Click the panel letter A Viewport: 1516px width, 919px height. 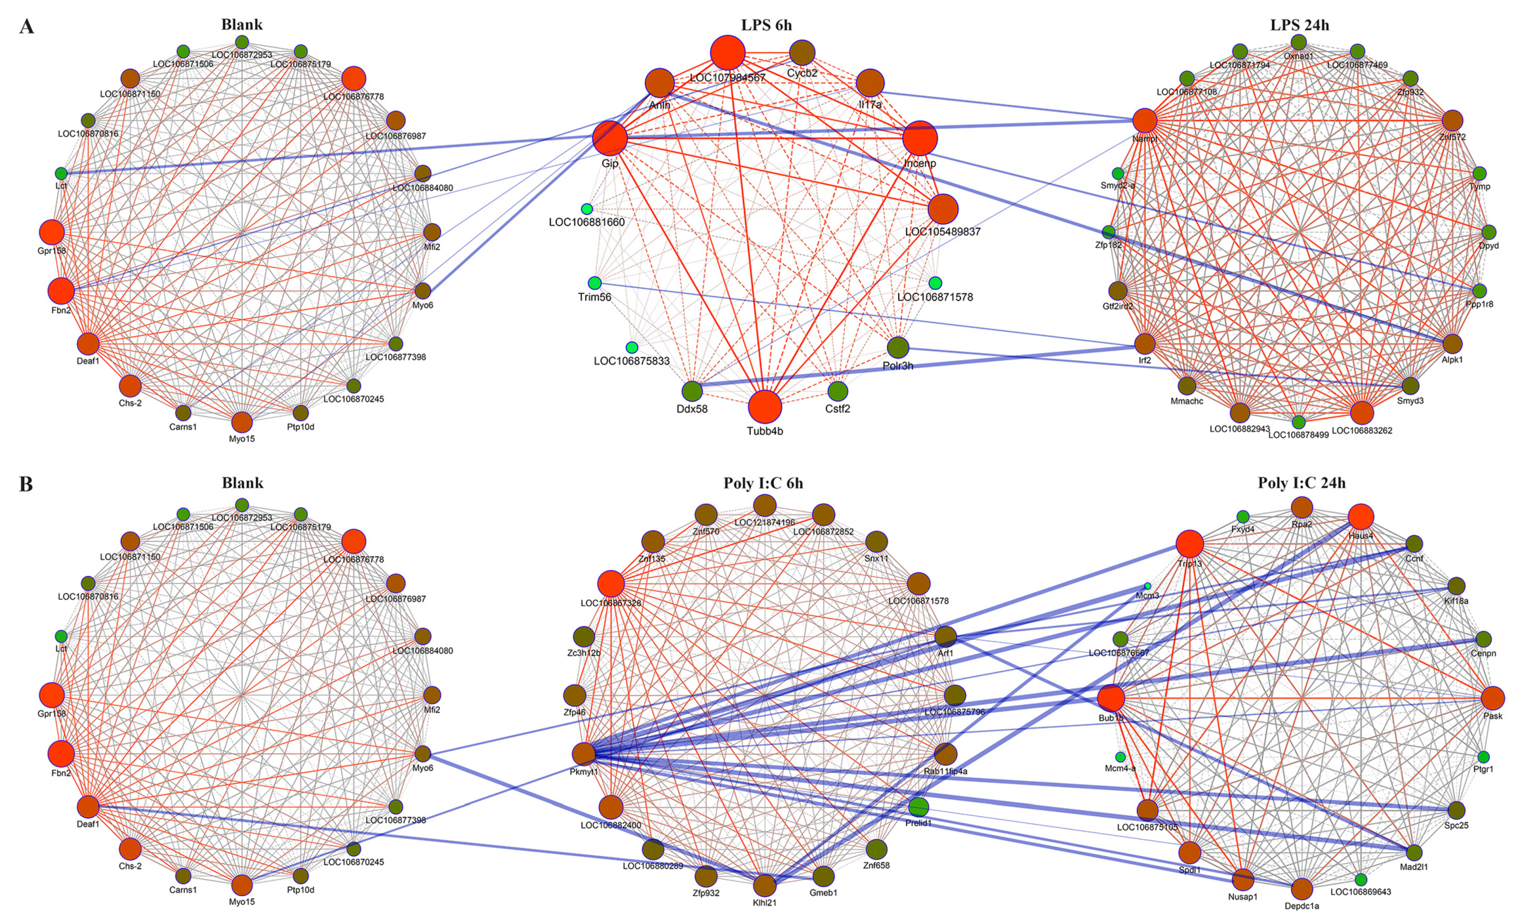pos(27,27)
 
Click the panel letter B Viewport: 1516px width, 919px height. pos(27,484)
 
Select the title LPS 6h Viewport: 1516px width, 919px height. pos(766,25)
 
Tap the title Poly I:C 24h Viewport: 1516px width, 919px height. pos(1301,483)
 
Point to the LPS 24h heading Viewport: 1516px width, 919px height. pos(1299,25)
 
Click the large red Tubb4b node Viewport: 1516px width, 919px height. pos(765,406)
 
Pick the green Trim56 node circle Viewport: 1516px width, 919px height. pos(594,283)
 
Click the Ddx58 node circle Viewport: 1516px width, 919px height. pos(692,391)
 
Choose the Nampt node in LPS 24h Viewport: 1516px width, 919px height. pos(1145,121)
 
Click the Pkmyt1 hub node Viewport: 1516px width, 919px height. pos(583,754)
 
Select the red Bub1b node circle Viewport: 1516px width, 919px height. pos(1111,698)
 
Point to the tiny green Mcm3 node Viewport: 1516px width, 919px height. pos(1147,586)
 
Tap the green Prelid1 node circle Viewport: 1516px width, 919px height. pos(918,807)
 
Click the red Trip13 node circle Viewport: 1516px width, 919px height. pos(1189,544)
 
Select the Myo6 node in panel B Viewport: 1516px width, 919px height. pos(423,754)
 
